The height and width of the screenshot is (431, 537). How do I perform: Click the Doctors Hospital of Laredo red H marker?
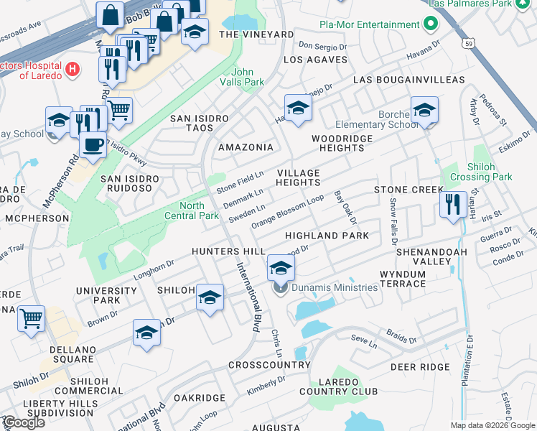[71, 70]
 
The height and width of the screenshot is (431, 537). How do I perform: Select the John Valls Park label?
[248, 77]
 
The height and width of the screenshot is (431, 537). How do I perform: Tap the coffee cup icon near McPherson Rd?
[93, 144]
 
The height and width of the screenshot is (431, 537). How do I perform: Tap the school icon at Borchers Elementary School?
[424, 110]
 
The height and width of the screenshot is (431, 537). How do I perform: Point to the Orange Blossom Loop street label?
[287, 213]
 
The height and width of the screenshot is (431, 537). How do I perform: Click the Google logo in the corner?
[24, 422]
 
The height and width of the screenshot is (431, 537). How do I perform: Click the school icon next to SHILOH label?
[210, 297]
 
